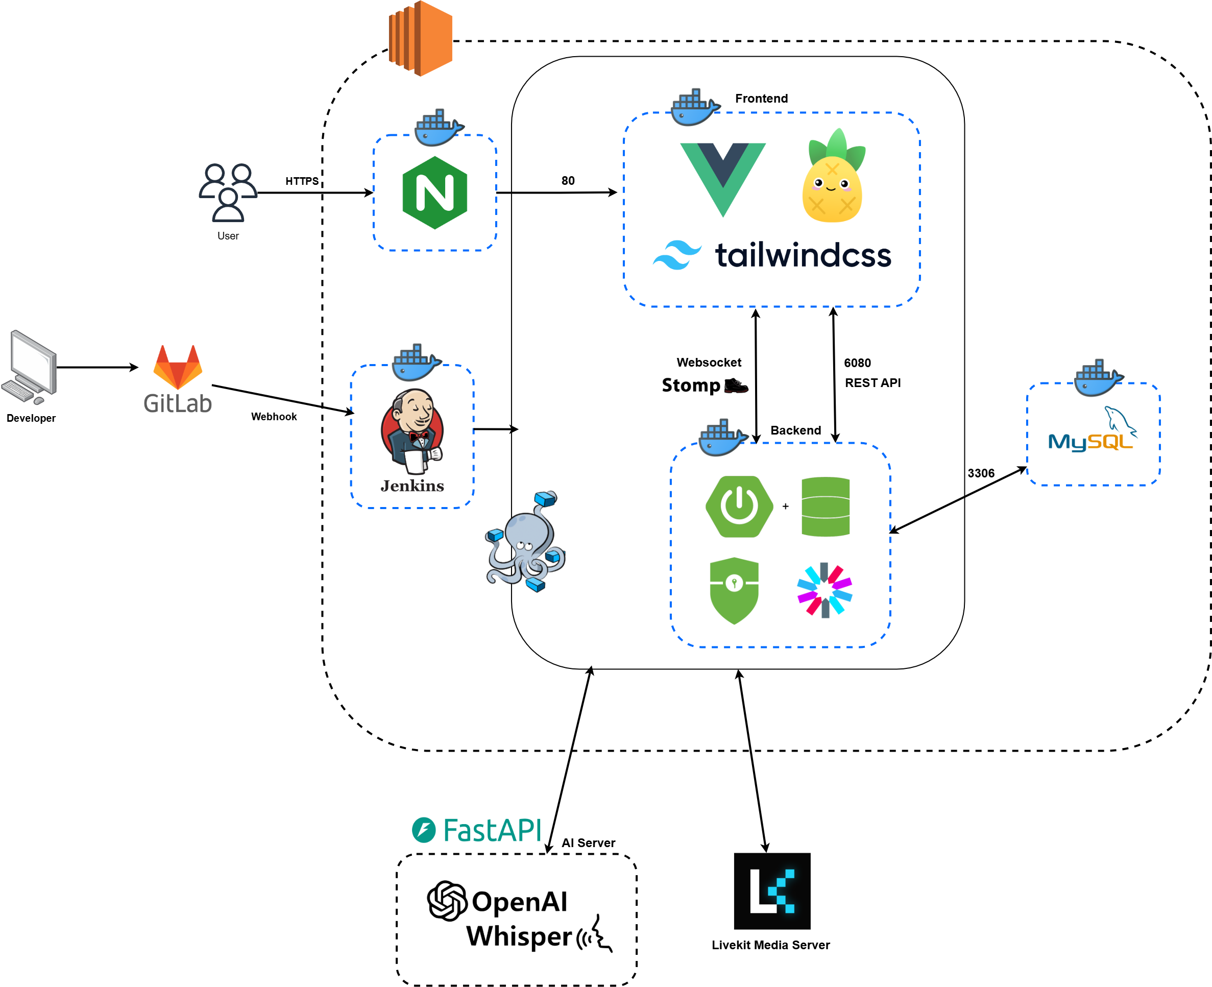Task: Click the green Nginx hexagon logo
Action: click(x=435, y=192)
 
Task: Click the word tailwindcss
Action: click(x=803, y=255)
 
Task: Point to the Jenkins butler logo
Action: click(x=413, y=432)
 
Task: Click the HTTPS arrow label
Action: click(x=302, y=181)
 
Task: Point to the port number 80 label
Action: click(x=568, y=181)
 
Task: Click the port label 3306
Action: click(x=981, y=473)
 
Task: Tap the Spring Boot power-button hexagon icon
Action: click(x=739, y=507)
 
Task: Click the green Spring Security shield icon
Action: click(x=734, y=590)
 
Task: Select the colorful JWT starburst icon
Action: click(x=825, y=590)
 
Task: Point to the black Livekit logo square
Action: click(x=771, y=891)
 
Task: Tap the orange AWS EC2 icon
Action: click(x=421, y=38)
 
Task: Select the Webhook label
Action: click(x=274, y=417)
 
